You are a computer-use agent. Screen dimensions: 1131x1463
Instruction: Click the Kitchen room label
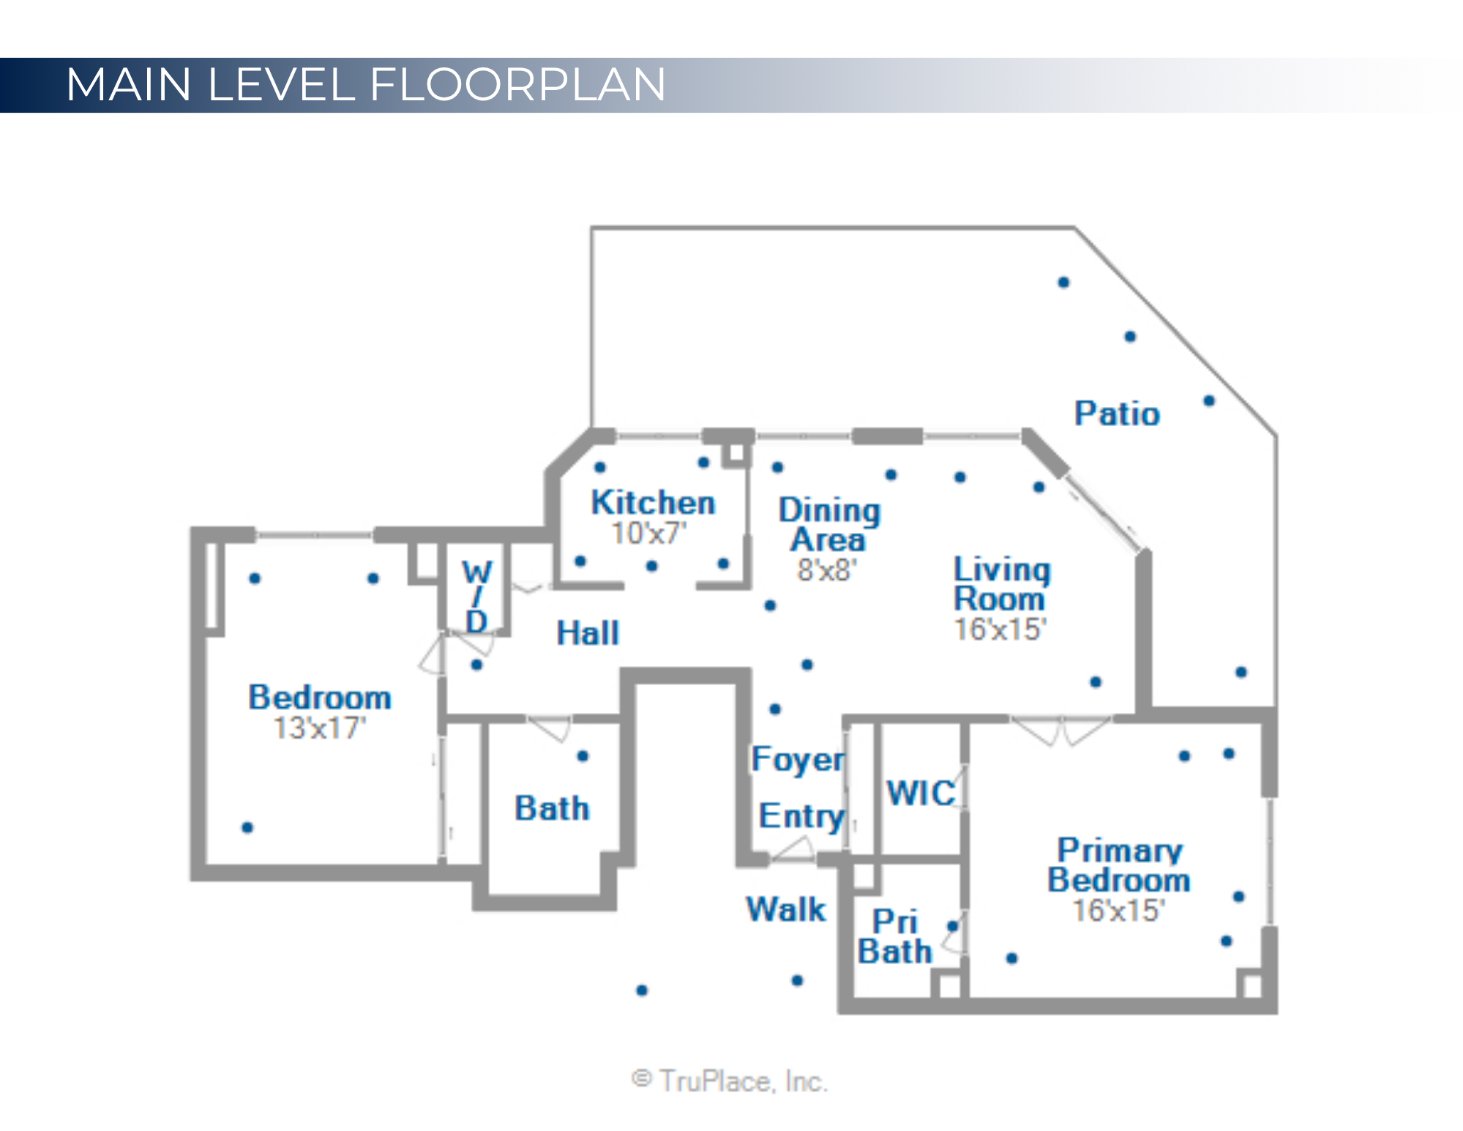click(652, 503)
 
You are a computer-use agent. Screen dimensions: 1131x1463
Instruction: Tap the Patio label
click(1116, 414)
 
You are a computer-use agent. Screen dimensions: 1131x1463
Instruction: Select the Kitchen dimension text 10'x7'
click(648, 534)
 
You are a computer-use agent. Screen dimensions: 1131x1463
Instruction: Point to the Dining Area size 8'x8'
click(826, 570)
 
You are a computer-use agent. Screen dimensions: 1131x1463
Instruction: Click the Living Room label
click(1001, 583)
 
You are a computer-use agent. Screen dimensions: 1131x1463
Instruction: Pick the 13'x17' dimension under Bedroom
click(319, 728)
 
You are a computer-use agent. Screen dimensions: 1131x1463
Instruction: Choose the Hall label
click(588, 633)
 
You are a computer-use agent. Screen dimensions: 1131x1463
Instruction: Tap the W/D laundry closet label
click(476, 596)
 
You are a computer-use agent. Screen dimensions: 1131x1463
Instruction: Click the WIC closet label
click(921, 793)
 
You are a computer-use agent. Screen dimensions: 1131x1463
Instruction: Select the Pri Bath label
click(894, 936)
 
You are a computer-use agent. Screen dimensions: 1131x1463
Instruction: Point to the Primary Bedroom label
click(1119, 865)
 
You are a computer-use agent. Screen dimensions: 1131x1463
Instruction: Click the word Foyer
click(798, 759)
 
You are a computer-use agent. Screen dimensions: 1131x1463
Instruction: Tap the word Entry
click(801, 815)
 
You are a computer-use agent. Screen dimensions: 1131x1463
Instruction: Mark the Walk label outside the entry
click(786, 909)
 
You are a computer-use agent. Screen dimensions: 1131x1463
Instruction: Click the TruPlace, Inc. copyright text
click(730, 1080)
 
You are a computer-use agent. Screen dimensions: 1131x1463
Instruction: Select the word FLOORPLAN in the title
click(517, 84)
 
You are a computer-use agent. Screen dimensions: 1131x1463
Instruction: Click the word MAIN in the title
click(129, 84)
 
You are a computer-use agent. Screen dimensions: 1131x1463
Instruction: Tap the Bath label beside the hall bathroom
click(552, 808)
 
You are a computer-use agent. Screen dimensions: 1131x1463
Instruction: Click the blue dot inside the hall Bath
click(583, 756)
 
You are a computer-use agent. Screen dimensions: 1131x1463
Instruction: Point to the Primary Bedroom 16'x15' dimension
click(1118, 910)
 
